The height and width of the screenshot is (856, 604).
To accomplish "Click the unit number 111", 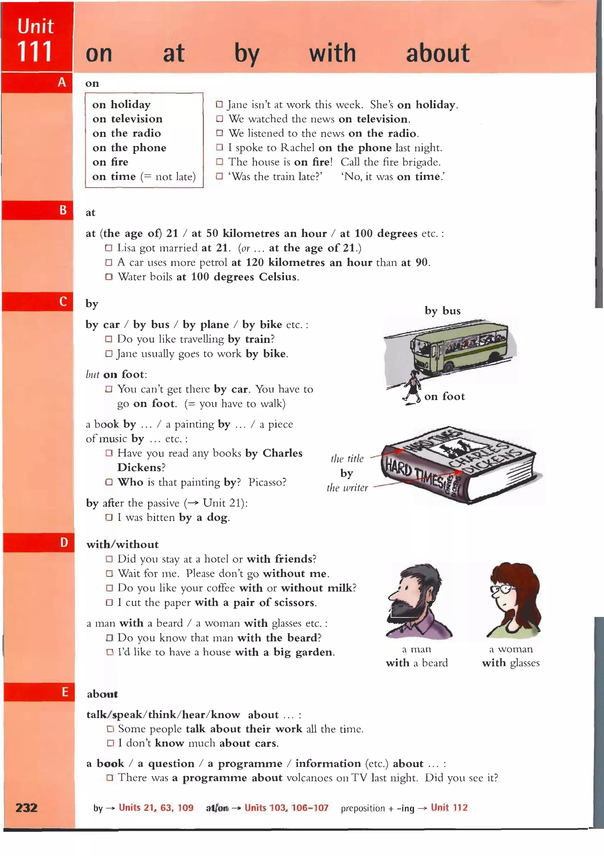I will coord(34,52).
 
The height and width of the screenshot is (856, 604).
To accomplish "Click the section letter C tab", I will coord(63,301).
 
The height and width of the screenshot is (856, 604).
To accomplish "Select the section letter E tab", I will coord(65,692).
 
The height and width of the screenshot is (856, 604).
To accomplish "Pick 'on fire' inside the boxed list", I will coord(110,162).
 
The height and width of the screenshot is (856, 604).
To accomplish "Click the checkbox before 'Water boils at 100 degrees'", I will coord(109,277).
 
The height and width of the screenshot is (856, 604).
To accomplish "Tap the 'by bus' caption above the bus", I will coord(443,311).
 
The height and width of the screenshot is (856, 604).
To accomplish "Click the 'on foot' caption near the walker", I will coord(444,396).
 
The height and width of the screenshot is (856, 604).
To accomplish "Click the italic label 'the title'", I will coord(347,459).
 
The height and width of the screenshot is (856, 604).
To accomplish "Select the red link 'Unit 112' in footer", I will coord(449,808).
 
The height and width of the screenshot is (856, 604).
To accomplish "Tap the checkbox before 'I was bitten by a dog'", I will coord(109,517).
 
